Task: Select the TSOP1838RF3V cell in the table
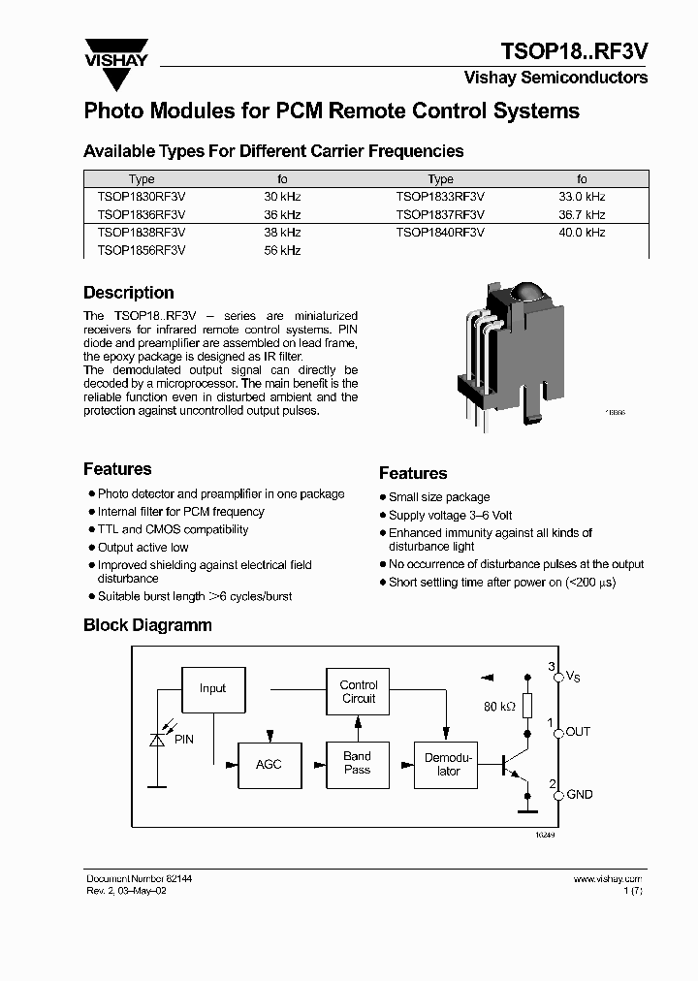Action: click(x=142, y=233)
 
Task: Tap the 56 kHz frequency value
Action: click(x=282, y=250)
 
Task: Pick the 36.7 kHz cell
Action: click(x=582, y=214)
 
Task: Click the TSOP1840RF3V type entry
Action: click(x=440, y=233)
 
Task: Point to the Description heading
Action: click(x=129, y=293)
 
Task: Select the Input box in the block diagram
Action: click(x=212, y=688)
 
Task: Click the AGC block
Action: click(x=269, y=764)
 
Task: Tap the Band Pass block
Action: click(x=358, y=763)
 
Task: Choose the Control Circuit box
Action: click(x=359, y=691)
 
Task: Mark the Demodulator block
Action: click(x=448, y=764)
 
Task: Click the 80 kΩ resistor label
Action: click(x=499, y=707)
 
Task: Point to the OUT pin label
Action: click(x=578, y=732)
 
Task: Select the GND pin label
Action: click(x=580, y=795)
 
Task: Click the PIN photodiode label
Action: click(x=184, y=740)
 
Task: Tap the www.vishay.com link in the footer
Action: click(x=609, y=878)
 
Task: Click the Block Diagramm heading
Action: click(x=147, y=625)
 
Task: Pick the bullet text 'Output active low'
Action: click(x=143, y=548)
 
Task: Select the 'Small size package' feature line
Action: click(x=439, y=497)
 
